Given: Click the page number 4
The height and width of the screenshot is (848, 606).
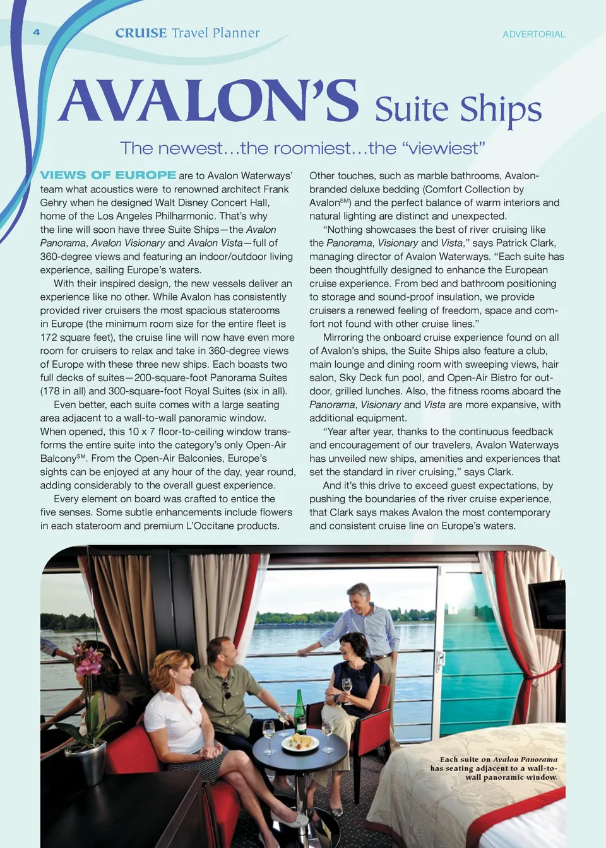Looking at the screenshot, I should pos(37,32).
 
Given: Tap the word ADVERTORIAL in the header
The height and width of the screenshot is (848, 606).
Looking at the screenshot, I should pos(533,34).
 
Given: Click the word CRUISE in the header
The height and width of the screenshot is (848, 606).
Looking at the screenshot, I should pos(141,33).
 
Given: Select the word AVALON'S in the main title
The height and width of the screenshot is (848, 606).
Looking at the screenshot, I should pos(208,102).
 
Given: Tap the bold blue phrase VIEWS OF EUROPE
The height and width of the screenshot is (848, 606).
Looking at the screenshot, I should pos(108,175).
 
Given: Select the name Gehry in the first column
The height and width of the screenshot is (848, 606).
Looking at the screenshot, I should pos(54,203).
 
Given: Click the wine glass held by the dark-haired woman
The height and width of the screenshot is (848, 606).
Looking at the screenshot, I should pos(347,686).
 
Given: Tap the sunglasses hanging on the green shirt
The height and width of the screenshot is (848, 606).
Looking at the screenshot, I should pos(226,690).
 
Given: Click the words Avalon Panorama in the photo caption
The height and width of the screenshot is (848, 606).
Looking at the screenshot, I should pos(525,760).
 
